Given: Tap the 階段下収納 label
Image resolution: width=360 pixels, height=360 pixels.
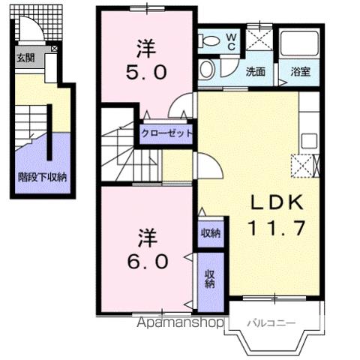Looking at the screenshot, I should pyautogui.click(x=43, y=178).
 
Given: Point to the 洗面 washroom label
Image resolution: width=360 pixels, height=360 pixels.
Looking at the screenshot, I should pyautogui.click(x=256, y=73).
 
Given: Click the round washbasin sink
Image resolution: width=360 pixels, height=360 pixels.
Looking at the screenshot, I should pyautogui.click(x=207, y=70).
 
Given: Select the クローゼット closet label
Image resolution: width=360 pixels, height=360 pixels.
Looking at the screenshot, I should pyautogui.click(x=167, y=133).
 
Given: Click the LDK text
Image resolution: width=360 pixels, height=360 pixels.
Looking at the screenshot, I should pyautogui.click(x=274, y=202).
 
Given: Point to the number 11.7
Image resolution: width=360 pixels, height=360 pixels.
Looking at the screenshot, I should pyautogui.click(x=274, y=227).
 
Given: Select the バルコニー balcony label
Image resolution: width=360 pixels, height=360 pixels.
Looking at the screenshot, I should pyautogui.click(x=271, y=324).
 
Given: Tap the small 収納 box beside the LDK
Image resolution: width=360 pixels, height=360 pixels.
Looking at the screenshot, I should pyautogui.click(x=211, y=232).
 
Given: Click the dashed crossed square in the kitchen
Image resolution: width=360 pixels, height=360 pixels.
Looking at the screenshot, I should pyautogui.click(x=304, y=165).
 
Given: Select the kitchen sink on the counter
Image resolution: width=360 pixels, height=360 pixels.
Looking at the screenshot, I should pyautogui.click(x=307, y=140).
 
